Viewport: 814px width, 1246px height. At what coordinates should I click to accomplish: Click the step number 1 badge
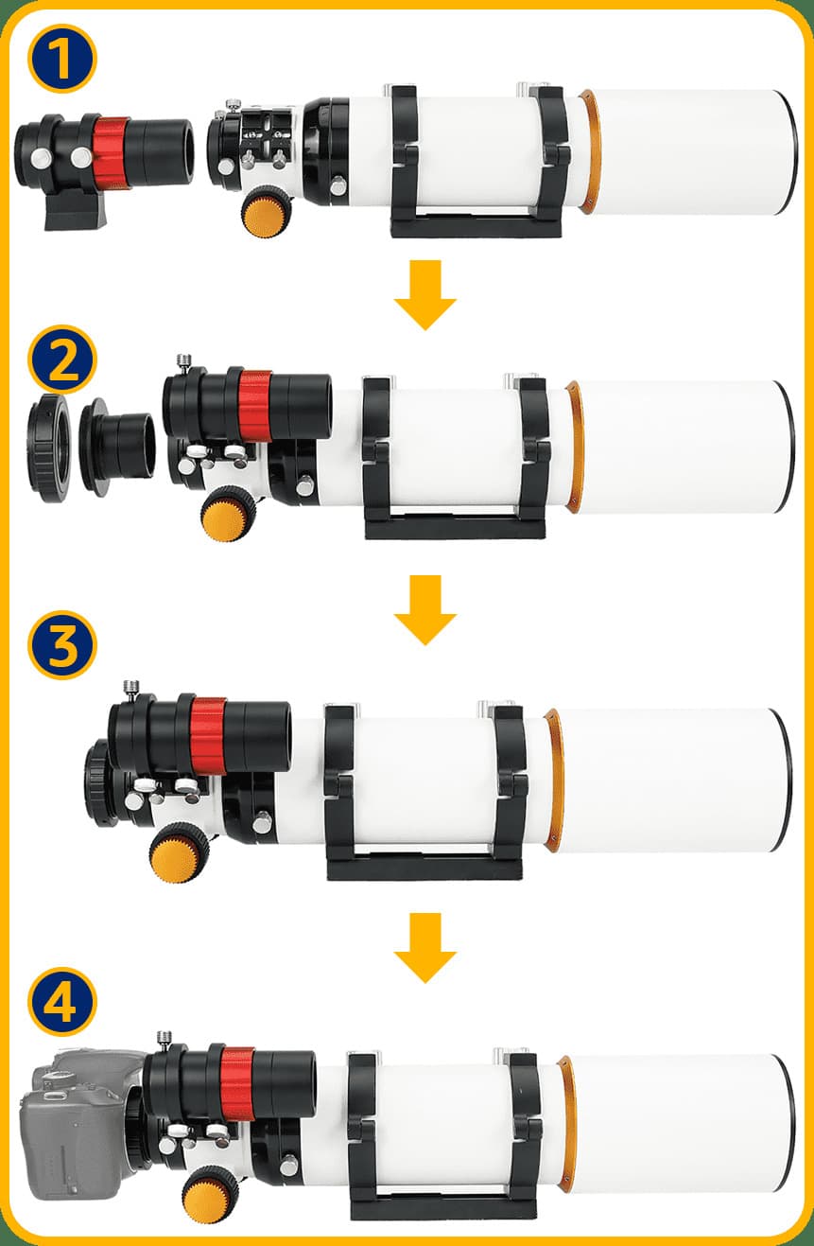[61, 59]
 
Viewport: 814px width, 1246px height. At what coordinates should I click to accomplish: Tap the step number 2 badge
[61, 360]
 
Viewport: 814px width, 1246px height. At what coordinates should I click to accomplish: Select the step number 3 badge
[61, 644]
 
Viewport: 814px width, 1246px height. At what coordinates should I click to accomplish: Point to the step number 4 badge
[61, 1001]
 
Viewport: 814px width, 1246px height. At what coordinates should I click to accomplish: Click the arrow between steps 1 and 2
[425, 295]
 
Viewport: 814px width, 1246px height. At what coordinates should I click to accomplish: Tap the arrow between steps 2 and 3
[425, 610]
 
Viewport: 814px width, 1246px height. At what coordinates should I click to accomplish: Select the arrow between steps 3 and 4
[425, 948]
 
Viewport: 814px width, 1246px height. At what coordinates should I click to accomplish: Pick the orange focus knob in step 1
[266, 214]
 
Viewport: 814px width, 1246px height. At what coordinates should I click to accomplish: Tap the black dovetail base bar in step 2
[455, 526]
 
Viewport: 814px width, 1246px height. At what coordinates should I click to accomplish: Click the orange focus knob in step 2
[229, 514]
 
